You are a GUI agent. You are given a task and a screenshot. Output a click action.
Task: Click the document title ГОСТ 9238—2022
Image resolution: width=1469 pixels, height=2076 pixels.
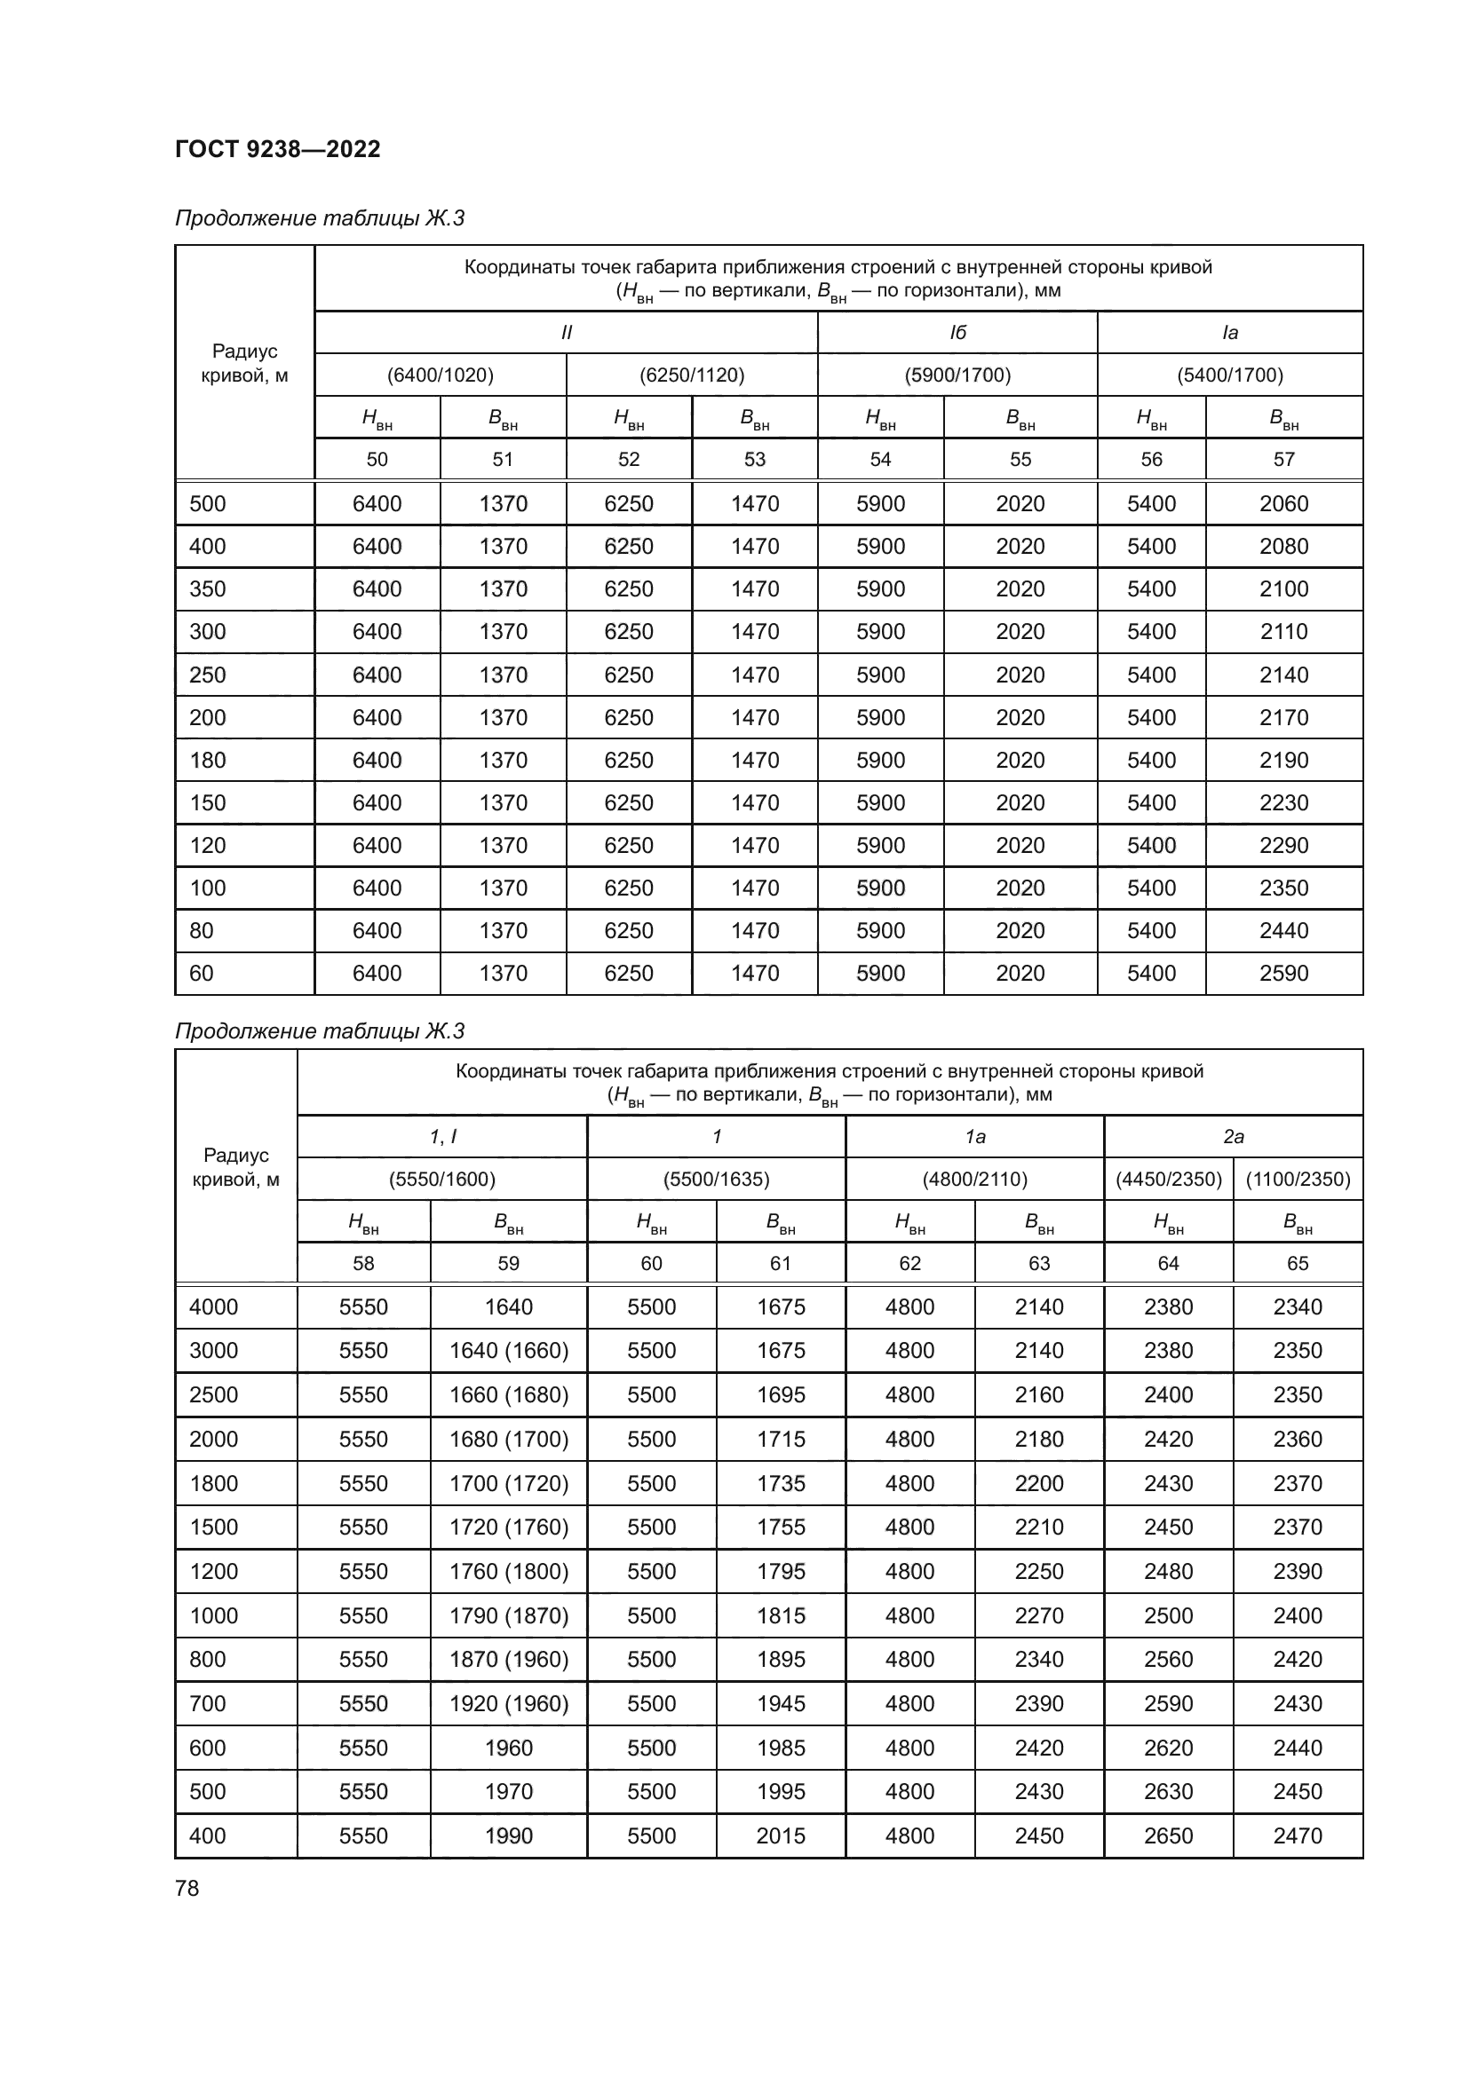click(x=278, y=149)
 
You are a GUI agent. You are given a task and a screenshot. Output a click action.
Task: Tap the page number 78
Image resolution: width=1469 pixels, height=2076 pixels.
click(x=187, y=1888)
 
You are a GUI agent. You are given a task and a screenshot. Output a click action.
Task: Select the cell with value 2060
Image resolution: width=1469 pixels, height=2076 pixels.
click(x=1283, y=503)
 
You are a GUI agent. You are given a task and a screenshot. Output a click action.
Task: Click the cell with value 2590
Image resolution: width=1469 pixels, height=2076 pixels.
click(x=1283, y=973)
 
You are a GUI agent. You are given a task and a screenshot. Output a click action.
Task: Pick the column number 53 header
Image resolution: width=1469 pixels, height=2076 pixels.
click(x=754, y=460)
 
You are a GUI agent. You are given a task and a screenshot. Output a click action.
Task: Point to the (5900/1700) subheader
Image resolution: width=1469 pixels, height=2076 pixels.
click(x=957, y=375)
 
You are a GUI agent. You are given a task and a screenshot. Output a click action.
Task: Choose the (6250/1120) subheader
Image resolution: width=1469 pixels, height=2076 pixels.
click(x=692, y=375)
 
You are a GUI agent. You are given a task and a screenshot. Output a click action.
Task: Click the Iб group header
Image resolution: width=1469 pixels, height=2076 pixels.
click(x=957, y=333)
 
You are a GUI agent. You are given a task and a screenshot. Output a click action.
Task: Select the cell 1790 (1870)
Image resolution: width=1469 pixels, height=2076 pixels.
click(x=508, y=1615)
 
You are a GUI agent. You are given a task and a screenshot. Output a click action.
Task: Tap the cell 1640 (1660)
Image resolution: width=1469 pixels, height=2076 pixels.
click(x=508, y=1350)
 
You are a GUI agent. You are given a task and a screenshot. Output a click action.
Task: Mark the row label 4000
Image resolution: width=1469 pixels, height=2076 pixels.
click(x=213, y=1306)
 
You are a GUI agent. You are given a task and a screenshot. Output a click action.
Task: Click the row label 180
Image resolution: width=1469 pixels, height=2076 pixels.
click(x=207, y=761)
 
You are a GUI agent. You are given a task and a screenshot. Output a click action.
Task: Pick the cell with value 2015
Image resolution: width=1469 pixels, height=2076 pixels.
click(x=781, y=1835)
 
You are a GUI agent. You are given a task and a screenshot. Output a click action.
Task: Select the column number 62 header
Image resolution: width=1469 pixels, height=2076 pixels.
click(x=910, y=1263)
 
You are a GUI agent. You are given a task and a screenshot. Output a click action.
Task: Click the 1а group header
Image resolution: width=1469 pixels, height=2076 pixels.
click(x=974, y=1137)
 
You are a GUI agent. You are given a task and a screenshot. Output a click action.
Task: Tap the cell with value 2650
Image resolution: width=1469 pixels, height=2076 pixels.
click(x=1168, y=1835)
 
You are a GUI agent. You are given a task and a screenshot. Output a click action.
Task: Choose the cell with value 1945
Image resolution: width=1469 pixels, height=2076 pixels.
click(x=781, y=1703)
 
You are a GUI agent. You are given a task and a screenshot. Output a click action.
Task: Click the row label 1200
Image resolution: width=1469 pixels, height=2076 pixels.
click(x=213, y=1572)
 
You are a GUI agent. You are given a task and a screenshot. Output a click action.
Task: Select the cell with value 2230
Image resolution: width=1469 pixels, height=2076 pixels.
click(x=1283, y=803)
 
